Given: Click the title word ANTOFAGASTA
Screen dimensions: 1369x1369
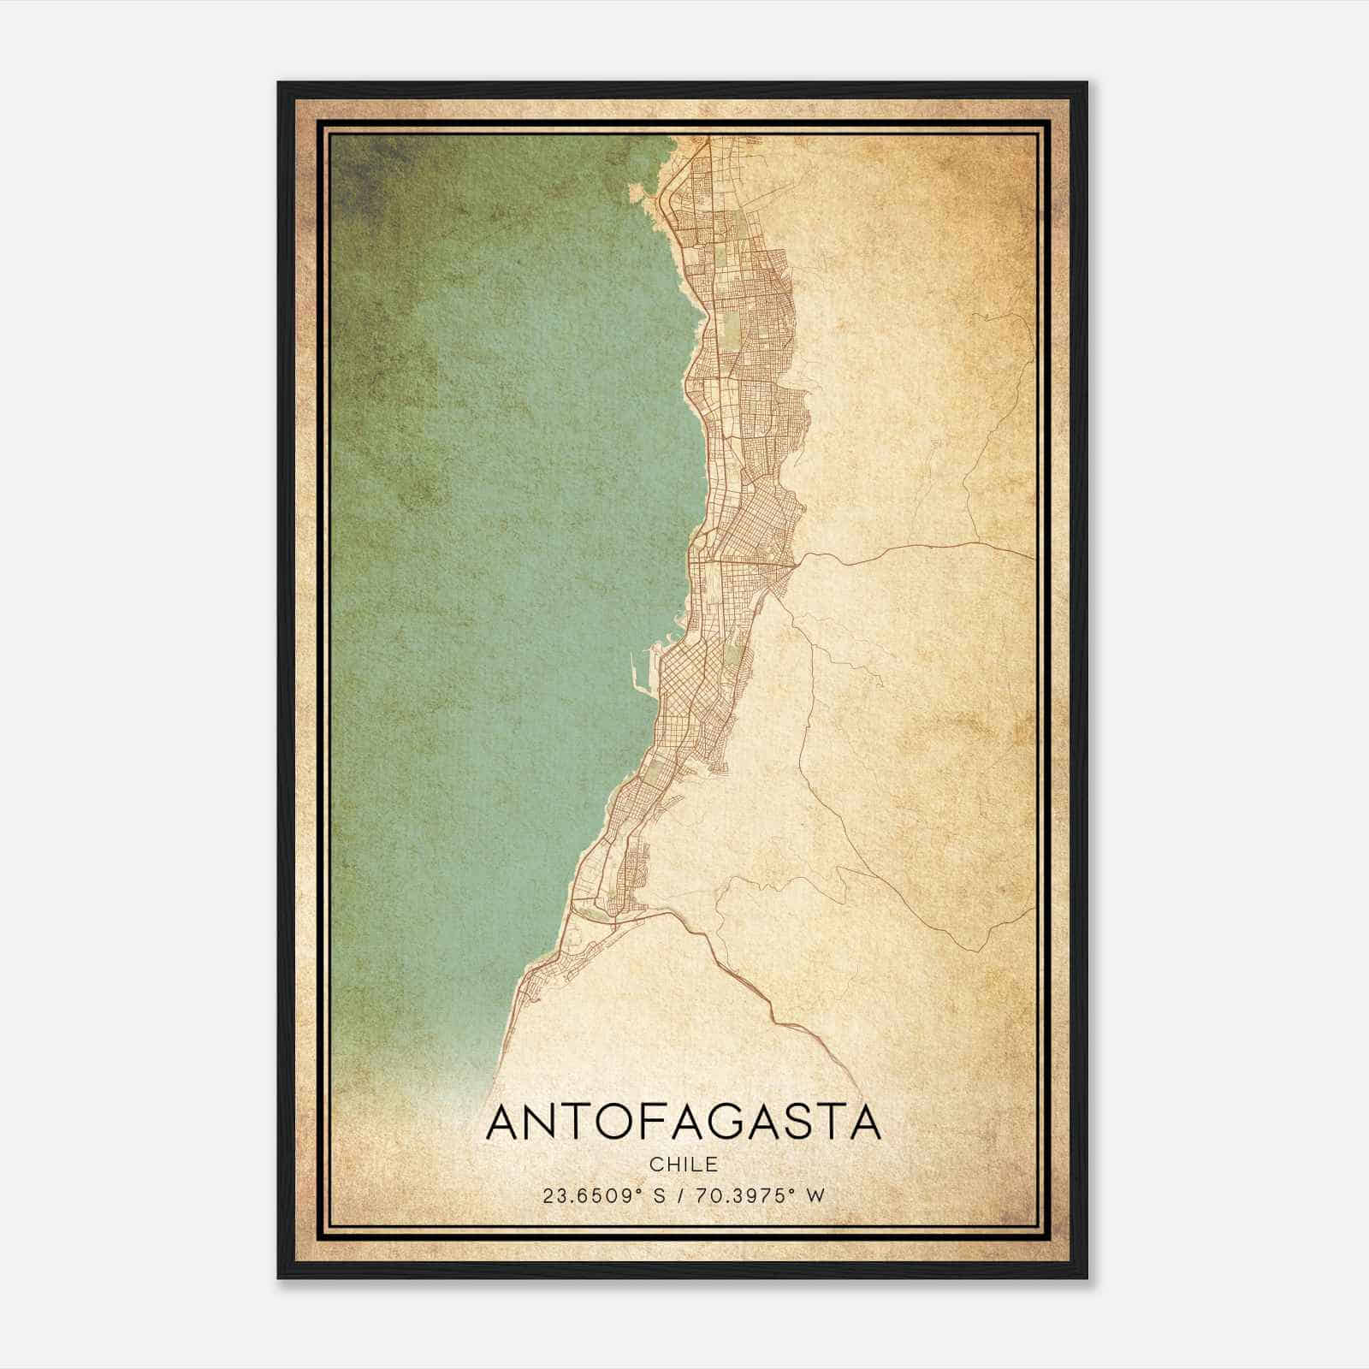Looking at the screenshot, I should pyautogui.click(x=683, y=1123).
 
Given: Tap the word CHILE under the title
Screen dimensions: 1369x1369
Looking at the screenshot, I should pyautogui.click(x=683, y=1165).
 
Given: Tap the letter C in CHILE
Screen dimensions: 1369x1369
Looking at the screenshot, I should pyautogui.click(x=655, y=1165).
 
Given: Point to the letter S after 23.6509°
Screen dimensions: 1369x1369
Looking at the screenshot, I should pyautogui.click(x=660, y=1195).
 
